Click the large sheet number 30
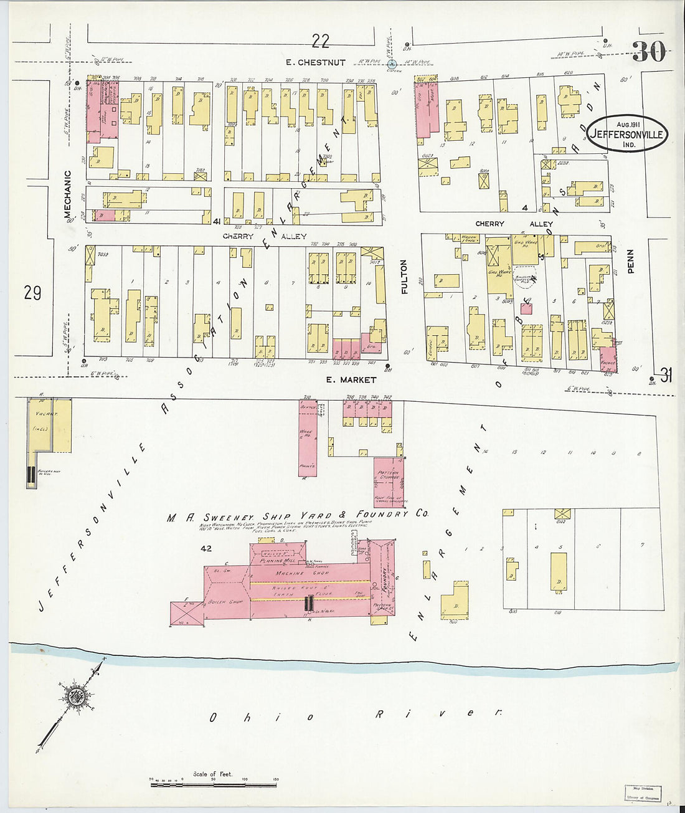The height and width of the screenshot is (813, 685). point(649,52)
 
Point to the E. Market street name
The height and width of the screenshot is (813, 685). point(351,379)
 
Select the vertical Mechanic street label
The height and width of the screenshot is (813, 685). point(67,194)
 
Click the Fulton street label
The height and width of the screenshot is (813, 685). point(404,277)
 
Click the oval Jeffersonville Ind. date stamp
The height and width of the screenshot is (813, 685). point(626,133)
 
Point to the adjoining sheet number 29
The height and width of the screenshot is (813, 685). point(32,292)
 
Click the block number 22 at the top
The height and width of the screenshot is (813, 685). point(320,41)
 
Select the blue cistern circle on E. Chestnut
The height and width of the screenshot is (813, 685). point(392,64)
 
